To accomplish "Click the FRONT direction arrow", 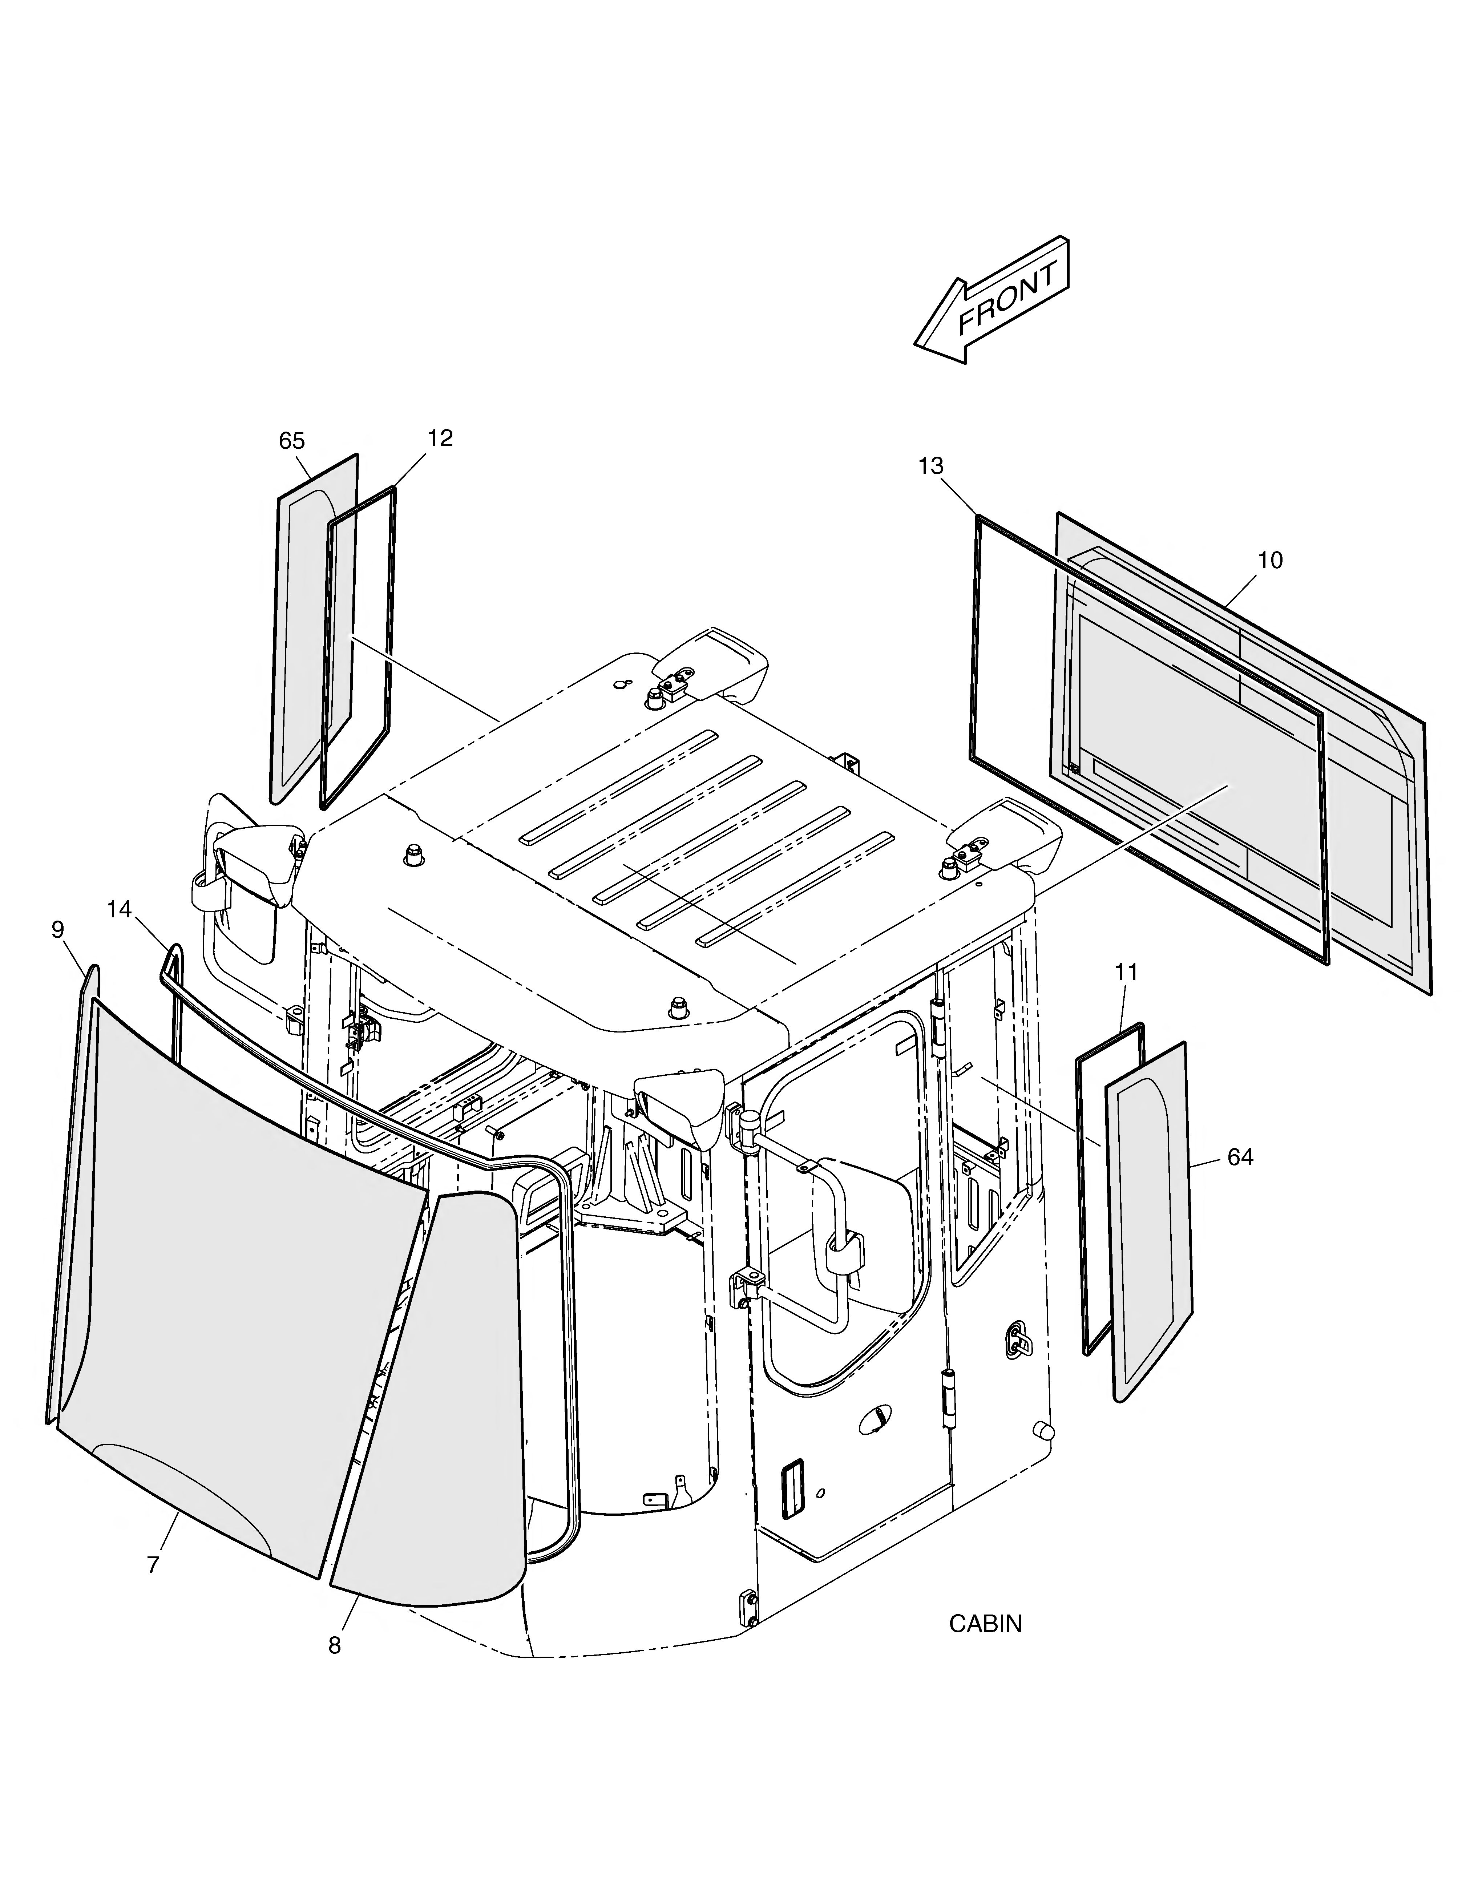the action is [992, 300].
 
